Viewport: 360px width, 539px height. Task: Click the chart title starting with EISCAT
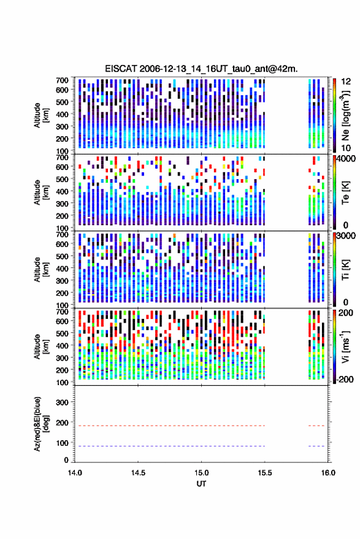coord(201,69)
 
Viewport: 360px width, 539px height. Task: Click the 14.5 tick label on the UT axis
coord(138,473)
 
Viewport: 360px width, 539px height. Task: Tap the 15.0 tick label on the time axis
coord(201,473)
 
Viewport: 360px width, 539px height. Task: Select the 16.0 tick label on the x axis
coord(328,473)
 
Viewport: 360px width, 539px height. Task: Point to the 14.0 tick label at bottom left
coord(75,473)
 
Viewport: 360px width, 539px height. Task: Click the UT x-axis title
coord(201,484)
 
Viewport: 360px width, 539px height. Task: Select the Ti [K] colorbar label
coord(345,270)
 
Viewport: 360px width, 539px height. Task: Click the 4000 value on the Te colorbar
coord(347,159)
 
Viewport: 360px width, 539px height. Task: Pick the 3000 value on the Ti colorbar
coord(347,236)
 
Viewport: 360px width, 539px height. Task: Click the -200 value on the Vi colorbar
coord(345,380)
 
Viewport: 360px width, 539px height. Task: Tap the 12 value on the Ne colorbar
coord(346,82)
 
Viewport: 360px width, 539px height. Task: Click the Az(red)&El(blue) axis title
coord(41,424)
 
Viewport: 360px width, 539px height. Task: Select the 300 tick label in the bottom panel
coord(63,402)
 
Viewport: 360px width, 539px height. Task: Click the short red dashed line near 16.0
coord(316,426)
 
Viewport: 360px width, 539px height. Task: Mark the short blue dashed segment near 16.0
coord(316,446)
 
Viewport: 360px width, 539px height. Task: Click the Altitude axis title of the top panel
coord(41,115)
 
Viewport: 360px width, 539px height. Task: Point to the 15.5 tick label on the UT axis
coord(265,473)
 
